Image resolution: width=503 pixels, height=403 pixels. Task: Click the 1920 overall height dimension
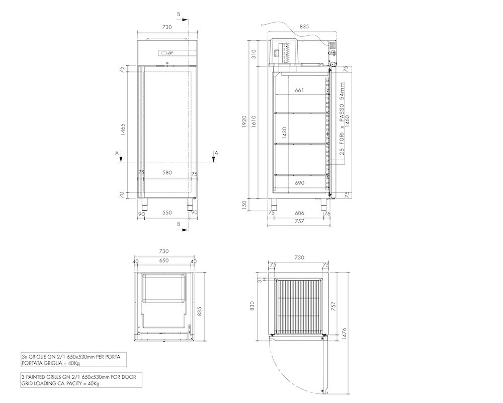[244, 122]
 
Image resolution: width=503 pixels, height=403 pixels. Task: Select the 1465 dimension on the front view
[123, 129]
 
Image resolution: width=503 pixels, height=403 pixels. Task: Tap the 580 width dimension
[167, 173]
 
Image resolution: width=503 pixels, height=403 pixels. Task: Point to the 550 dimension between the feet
[167, 213]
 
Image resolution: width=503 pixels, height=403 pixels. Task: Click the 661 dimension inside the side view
[299, 90]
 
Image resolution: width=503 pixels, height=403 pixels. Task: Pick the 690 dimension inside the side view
[299, 183]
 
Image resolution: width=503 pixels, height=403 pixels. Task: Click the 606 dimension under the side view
[299, 213]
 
